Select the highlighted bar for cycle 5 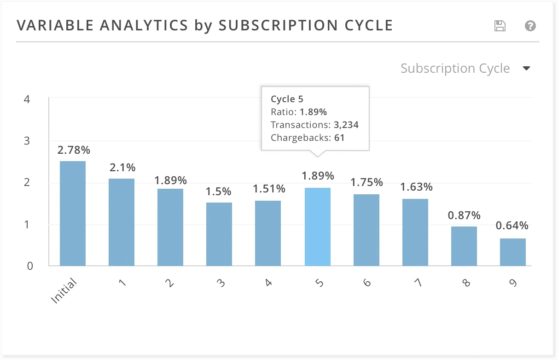pos(318,226)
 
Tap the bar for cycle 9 pos(513,252)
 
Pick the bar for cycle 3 pos(219,234)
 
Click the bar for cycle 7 pos(415,232)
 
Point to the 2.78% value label pos(74,150)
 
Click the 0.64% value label pos(512,226)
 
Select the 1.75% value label pos(366,182)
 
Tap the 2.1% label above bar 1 pos(122,168)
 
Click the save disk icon pos(500,26)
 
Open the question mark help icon pos(530,26)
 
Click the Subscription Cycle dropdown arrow pos(527,69)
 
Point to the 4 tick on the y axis pos(27,99)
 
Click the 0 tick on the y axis pos(30,266)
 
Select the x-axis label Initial pos(64,290)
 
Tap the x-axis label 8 pos(466,283)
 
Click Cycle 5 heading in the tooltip pos(287,99)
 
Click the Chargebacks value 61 pos(339,138)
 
